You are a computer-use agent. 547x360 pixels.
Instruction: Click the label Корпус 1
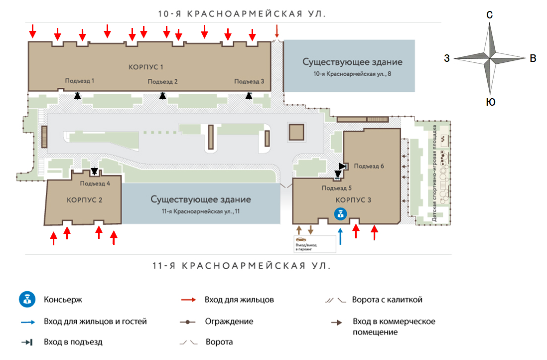146,67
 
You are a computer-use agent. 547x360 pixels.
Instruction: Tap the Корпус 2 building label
84,200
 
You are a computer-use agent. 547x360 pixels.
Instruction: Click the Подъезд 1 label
80,80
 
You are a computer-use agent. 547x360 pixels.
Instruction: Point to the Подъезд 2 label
163,82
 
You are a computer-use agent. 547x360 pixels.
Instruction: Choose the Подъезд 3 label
249,82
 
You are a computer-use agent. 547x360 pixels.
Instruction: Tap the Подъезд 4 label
95,183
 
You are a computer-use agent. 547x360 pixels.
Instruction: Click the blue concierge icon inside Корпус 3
340,214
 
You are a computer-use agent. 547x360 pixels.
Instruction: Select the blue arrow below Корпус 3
340,236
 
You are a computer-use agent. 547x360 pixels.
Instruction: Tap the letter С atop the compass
490,15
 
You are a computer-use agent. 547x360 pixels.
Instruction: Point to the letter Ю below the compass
490,103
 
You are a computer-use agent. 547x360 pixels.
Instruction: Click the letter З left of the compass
447,59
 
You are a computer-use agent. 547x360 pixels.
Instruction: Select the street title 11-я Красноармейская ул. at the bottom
241,266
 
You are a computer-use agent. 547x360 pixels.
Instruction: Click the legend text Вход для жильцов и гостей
95,321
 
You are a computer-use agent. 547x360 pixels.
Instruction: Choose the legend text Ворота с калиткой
387,300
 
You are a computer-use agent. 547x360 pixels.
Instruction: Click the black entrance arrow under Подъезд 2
162,96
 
